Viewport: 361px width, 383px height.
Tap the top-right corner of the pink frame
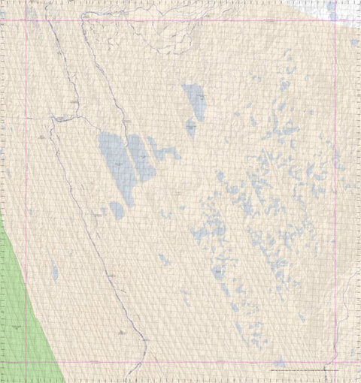tap(335, 19)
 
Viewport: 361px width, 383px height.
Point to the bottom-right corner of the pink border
tap(335, 363)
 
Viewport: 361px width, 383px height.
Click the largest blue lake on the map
tap(114, 161)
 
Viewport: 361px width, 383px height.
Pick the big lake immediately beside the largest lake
tap(141, 158)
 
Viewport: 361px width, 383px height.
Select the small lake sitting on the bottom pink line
tap(279, 363)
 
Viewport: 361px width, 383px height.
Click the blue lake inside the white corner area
tap(332, 10)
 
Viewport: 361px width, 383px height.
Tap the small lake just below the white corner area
tap(353, 43)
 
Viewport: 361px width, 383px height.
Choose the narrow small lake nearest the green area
tap(55, 272)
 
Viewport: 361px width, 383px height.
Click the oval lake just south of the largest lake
tap(117, 210)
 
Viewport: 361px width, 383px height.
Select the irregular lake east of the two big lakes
tap(165, 152)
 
